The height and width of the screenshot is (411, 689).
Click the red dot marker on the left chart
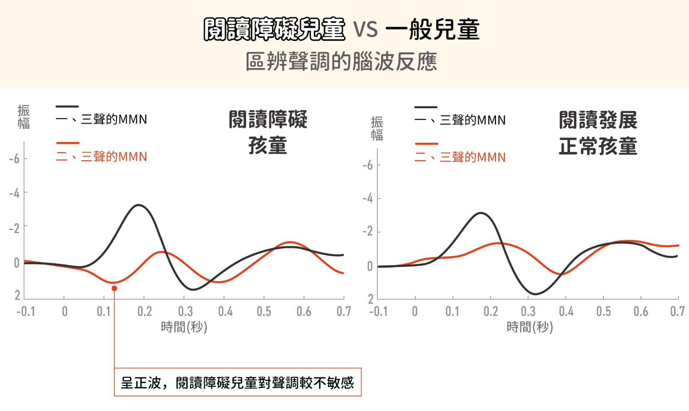(114, 288)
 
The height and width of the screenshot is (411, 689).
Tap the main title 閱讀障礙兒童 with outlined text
(274, 30)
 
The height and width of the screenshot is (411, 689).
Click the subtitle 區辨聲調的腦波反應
(341, 62)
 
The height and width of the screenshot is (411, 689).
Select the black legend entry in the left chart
(101, 119)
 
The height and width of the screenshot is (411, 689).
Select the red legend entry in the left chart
(101, 156)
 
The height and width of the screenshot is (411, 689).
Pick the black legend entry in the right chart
(460, 120)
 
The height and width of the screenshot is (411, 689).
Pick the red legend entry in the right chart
(460, 157)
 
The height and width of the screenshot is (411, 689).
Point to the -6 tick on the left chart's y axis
(14, 159)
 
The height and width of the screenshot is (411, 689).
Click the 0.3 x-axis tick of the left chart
(185, 311)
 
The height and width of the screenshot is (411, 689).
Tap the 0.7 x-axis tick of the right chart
(677, 311)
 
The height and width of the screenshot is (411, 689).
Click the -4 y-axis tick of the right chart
(368, 198)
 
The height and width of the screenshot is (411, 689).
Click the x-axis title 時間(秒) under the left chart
(184, 327)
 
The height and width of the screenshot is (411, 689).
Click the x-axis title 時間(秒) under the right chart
(530, 327)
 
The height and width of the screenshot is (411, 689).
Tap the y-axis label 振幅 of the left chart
(24, 117)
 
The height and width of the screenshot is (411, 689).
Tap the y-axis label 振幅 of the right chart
(377, 128)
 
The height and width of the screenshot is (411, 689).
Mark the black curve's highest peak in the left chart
(139, 205)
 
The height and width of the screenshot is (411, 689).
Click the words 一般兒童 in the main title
(432, 30)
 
